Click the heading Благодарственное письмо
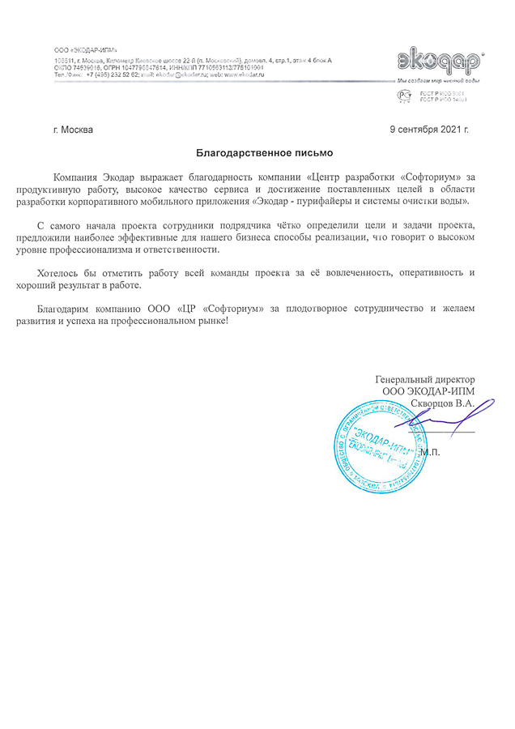tap(265, 151)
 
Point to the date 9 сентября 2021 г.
tap(429, 130)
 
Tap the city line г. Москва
tap(72, 130)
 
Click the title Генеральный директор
tap(425, 380)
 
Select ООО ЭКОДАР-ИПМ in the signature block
tap(428, 391)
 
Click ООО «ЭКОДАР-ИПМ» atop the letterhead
tap(83, 50)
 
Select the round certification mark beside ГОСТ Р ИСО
tap(402, 96)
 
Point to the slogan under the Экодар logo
tap(438, 82)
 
